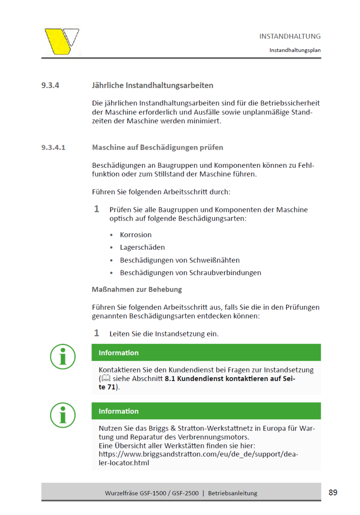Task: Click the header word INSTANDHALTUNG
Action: tap(290, 36)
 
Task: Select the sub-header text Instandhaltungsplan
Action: tap(295, 50)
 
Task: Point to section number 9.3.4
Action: tap(50, 86)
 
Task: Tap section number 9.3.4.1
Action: tap(53, 148)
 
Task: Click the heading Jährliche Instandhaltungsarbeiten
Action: tap(152, 86)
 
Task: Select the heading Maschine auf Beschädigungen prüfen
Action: tap(157, 148)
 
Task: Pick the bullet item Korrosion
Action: tap(135, 235)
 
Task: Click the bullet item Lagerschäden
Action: tap(142, 247)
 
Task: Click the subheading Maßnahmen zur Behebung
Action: tap(136, 290)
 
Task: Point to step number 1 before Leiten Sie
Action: tap(97, 333)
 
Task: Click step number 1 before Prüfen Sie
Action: tap(97, 209)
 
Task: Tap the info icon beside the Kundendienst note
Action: tap(63, 356)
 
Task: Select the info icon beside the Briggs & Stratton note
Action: tap(63, 415)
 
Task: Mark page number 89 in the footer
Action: tap(333, 493)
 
